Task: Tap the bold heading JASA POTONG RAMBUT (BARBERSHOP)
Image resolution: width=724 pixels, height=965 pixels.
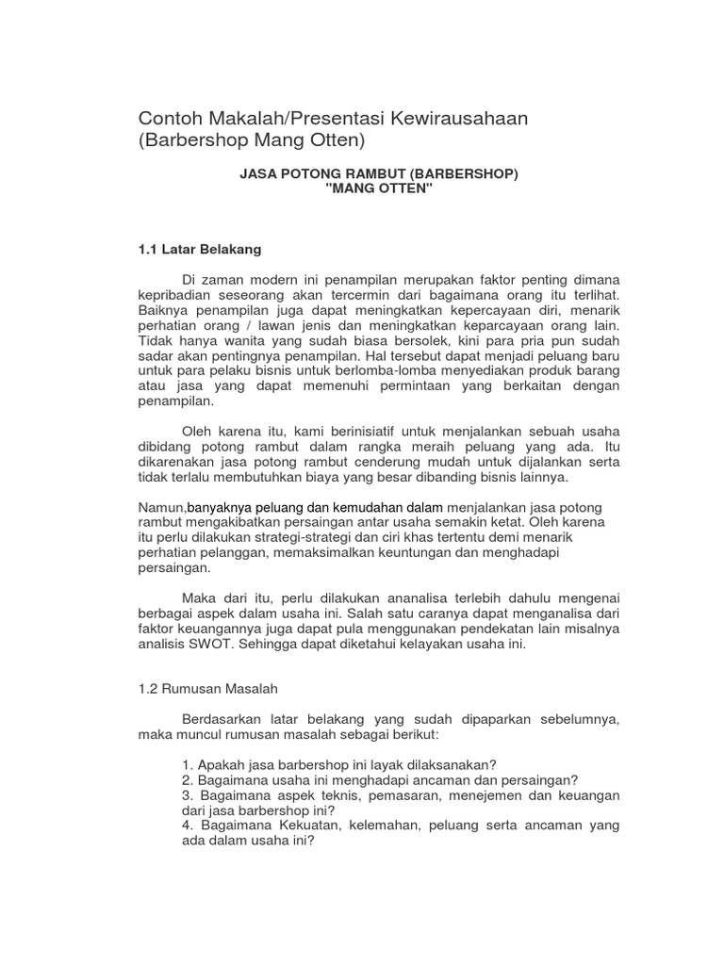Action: [x=379, y=174]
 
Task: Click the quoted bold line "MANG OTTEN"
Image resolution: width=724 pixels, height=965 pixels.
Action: [x=379, y=188]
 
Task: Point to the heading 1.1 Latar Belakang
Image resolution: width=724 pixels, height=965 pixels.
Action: [x=199, y=250]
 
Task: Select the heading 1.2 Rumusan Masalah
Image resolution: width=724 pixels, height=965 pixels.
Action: [x=207, y=689]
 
